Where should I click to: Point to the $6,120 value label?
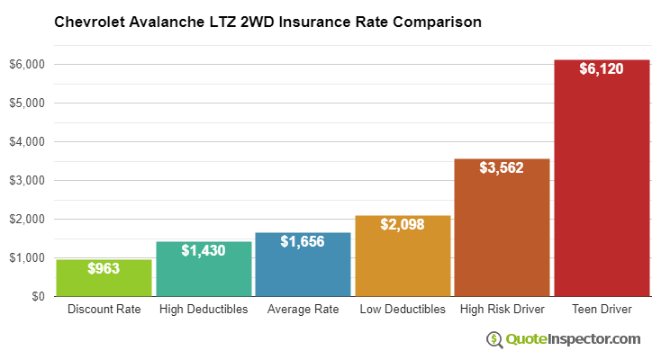click(x=602, y=69)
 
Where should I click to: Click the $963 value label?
click(x=104, y=268)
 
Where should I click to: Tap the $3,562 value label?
click(x=502, y=167)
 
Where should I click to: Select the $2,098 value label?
click(x=403, y=224)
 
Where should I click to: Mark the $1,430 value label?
click(x=204, y=250)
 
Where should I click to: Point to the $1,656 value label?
click(x=303, y=241)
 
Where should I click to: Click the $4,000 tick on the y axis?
click(x=27, y=142)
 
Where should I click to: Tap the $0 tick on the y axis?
click(x=38, y=296)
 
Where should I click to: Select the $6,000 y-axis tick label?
click(x=27, y=65)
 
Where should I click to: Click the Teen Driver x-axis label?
click(x=602, y=310)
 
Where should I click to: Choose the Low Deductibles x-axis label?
click(x=403, y=310)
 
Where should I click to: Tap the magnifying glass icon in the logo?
click(x=495, y=339)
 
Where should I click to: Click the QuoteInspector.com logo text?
click(x=572, y=338)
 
